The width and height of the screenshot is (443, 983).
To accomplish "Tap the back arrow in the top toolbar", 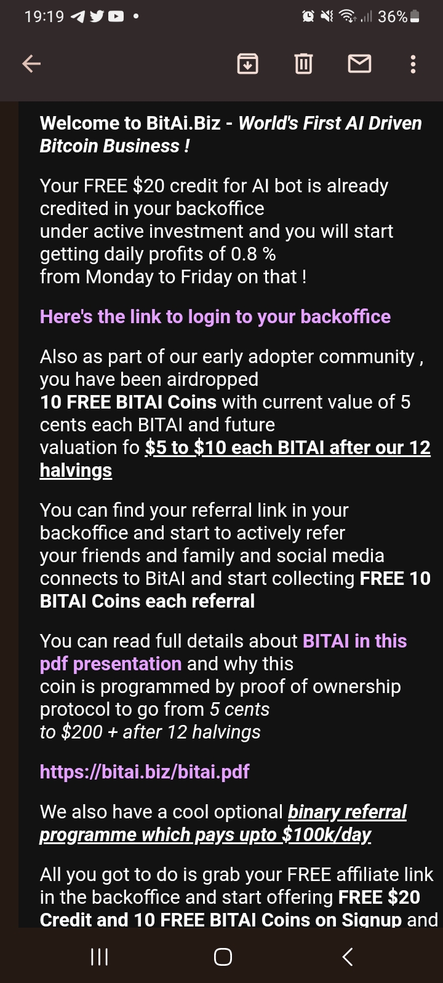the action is click(31, 64).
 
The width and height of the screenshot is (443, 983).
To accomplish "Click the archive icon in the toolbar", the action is click(247, 64).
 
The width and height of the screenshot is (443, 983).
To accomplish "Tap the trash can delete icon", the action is click(303, 64).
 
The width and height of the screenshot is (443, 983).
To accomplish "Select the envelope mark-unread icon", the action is click(359, 64).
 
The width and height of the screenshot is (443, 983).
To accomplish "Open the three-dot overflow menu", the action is click(413, 64).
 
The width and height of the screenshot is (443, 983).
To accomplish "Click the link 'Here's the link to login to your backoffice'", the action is click(215, 316).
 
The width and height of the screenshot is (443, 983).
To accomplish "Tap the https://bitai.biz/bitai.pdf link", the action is click(145, 772).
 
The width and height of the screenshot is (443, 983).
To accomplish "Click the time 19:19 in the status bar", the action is click(44, 17).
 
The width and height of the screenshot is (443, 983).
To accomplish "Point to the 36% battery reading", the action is click(393, 17).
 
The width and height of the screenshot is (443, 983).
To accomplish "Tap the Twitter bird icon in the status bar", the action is click(97, 17).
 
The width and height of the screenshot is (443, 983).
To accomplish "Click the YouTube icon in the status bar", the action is click(116, 17).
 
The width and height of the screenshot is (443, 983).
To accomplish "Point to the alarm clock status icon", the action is click(308, 17).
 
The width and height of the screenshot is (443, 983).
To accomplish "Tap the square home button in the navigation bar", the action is click(223, 957).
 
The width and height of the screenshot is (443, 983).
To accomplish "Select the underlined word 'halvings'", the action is click(76, 471).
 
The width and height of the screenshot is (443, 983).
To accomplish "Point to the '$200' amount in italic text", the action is click(82, 732).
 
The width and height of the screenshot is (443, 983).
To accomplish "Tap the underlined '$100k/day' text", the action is click(327, 835).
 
